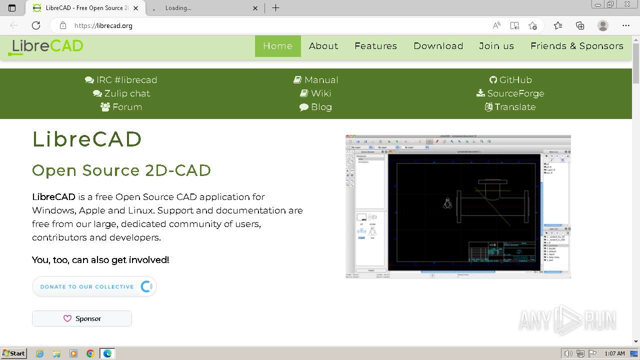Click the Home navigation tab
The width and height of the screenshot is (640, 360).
click(277, 46)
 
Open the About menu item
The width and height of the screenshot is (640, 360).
click(323, 46)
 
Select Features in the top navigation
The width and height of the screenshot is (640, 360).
click(375, 46)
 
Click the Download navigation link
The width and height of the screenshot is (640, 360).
click(438, 46)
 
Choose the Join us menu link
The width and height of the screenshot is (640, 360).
click(496, 46)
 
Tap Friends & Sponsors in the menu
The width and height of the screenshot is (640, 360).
click(576, 46)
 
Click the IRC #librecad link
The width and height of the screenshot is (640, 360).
click(121, 80)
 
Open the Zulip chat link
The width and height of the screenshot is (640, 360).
click(121, 93)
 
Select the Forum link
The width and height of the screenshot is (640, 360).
click(121, 107)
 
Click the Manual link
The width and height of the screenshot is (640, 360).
click(316, 80)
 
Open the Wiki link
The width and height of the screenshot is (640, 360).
click(315, 93)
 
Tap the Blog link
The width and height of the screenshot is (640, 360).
click(315, 107)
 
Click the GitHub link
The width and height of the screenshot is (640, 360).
click(510, 80)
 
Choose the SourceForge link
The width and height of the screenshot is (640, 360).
click(510, 93)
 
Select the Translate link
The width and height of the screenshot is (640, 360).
click(510, 107)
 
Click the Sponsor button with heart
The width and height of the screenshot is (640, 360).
click(82, 318)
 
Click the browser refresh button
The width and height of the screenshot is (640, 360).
click(36, 25)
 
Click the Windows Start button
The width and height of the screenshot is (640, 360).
click(14, 353)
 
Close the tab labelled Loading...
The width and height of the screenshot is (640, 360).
click(255, 8)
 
